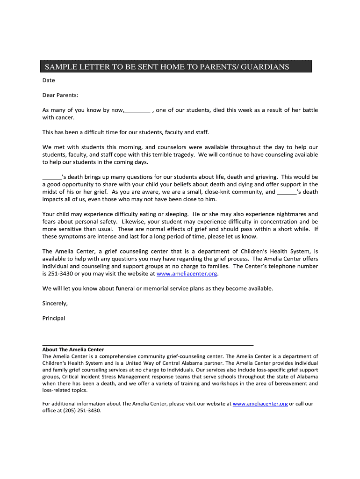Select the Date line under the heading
(49, 80)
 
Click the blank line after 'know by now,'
(137, 111)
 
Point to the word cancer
(65, 117)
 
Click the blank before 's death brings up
(52, 178)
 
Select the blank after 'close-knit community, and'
(287, 192)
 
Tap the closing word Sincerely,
(55, 303)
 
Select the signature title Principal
(54, 318)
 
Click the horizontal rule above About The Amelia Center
(148, 344)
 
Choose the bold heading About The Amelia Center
(73, 349)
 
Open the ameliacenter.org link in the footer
(260, 403)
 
